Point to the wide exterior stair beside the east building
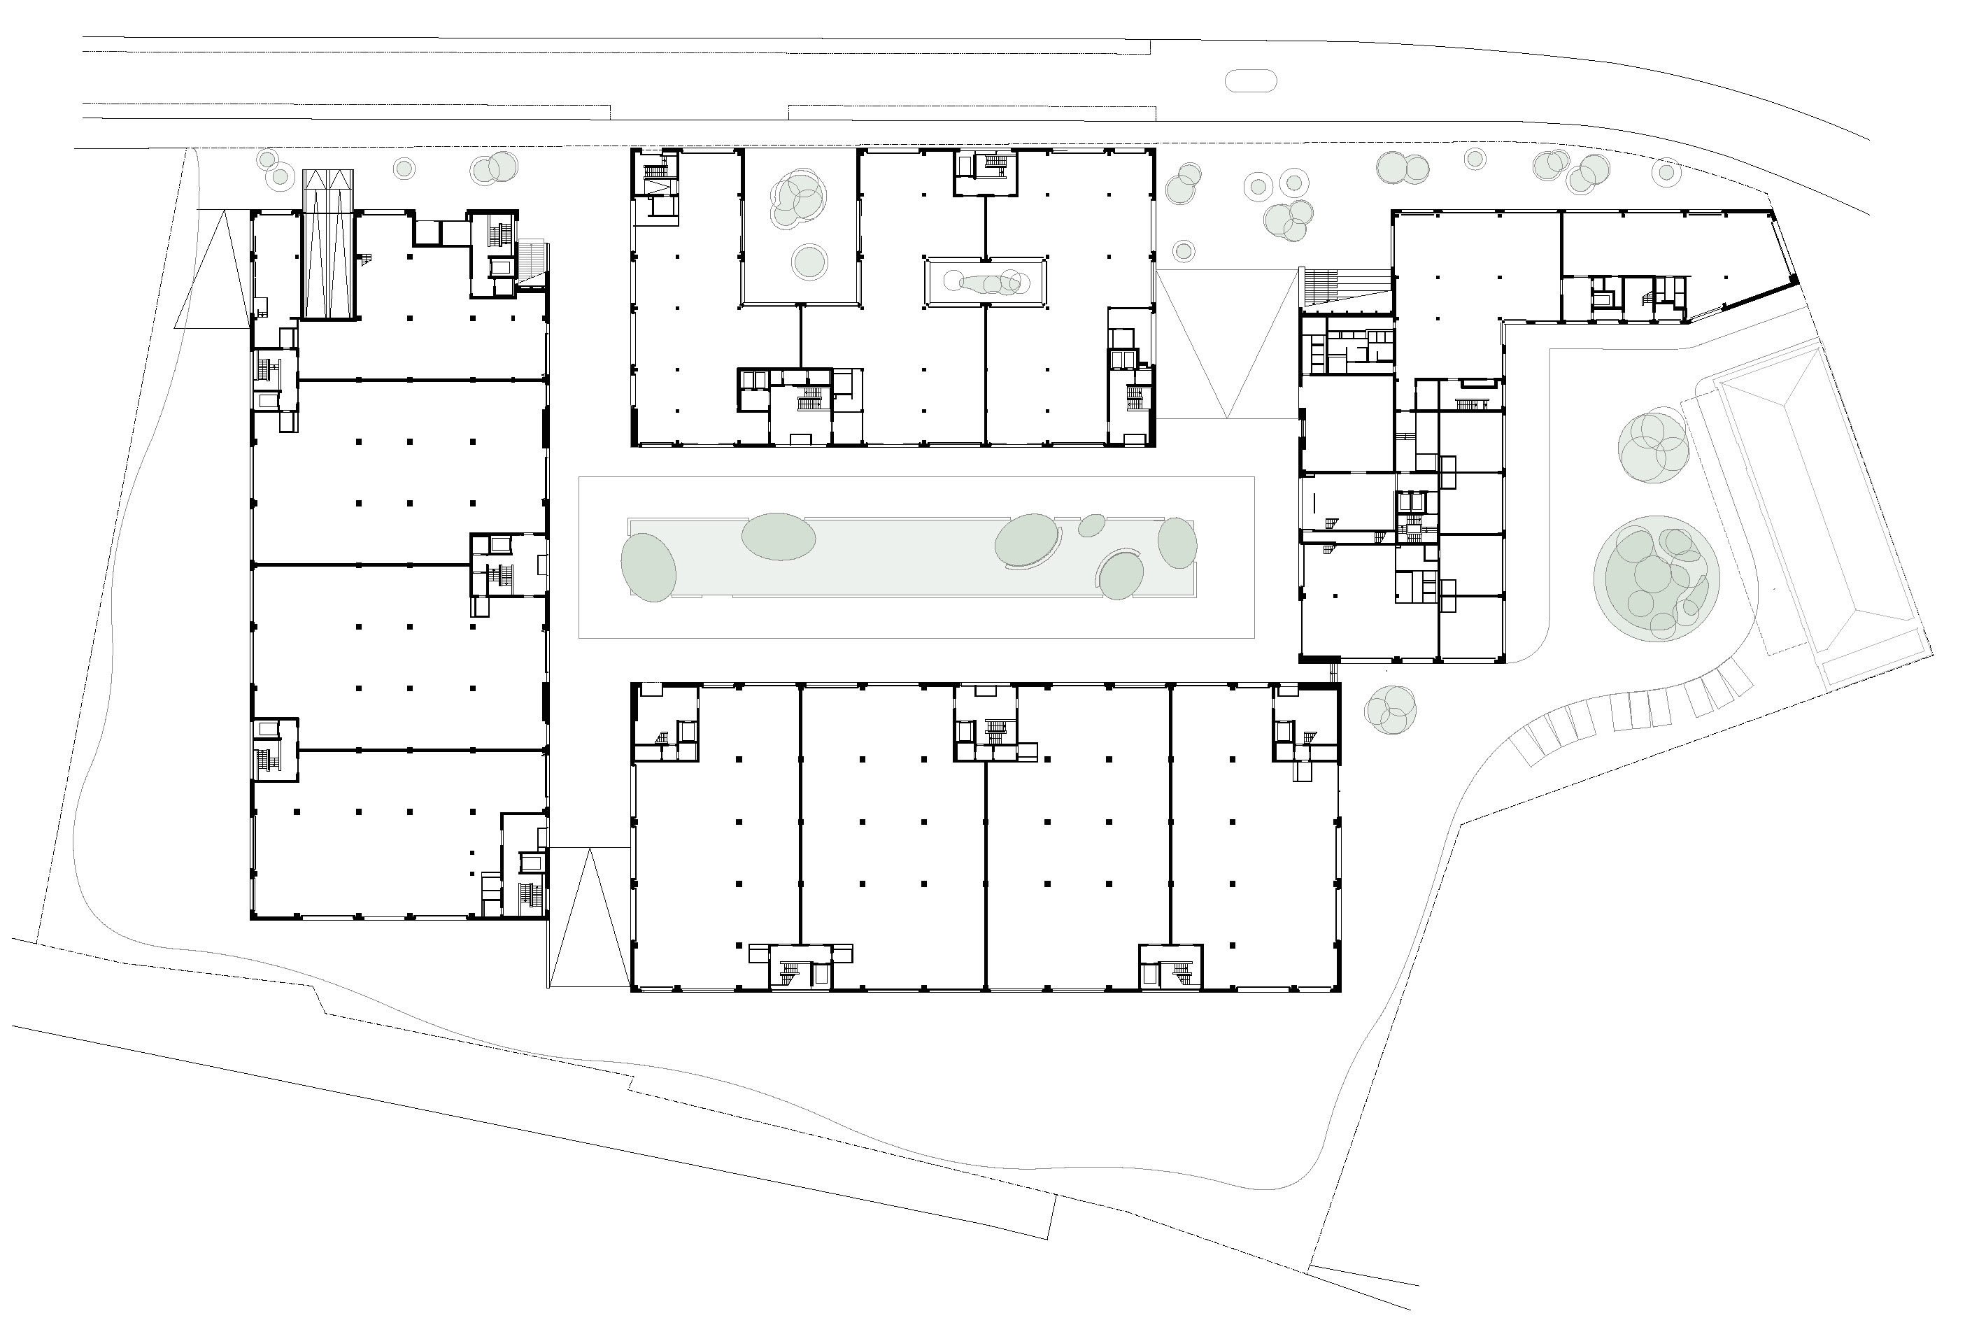coord(1345,286)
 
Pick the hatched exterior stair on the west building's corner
coord(534,260)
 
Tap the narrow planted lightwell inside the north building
coord(985,283)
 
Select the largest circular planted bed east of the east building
coord(1656,579)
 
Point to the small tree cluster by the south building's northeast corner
coord(1390,709)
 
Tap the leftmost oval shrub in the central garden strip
coord(648,567)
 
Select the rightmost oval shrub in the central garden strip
coord(1177,543)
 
